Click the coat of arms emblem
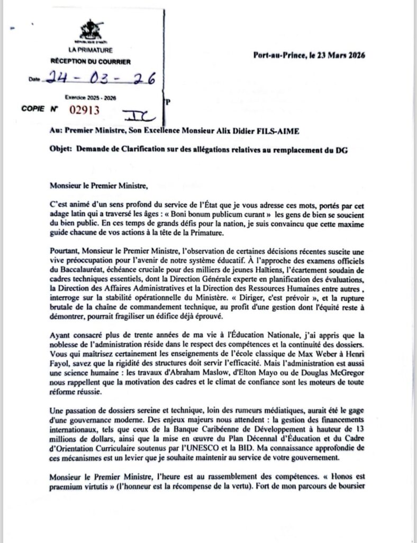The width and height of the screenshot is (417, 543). coord(91,30)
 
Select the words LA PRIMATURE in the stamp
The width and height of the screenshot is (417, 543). coord(90,50)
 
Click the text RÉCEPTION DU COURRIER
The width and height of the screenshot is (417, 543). coord(90,62)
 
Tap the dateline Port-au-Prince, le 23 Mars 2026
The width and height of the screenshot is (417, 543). coord(310,55)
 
